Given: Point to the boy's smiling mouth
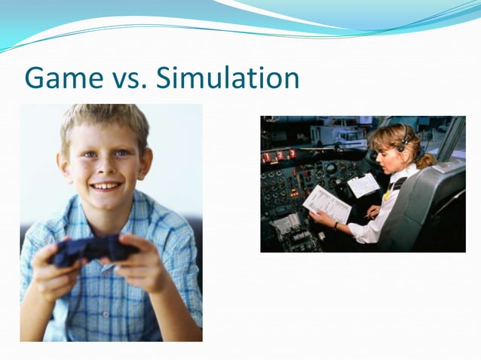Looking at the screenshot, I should point(106,185).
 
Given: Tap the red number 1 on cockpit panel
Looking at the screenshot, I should point(266,156).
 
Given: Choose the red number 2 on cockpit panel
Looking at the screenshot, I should point(279,155).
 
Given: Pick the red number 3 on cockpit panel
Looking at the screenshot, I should point(292,154).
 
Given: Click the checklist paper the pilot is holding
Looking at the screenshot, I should point(327,203).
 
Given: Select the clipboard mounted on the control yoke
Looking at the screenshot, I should point(363,185).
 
